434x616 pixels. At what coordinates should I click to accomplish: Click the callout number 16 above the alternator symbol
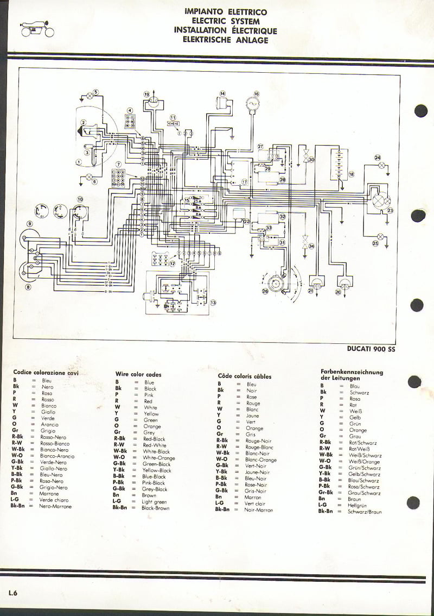point(257,93)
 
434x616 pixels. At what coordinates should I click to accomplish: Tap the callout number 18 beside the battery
point(351,174)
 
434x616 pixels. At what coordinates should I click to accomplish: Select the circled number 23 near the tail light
point(390,211)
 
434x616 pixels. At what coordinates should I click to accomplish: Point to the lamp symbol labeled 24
point(381,164)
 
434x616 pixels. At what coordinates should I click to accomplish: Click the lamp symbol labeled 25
point(381,236)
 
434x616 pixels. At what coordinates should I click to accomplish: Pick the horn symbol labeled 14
point(221,103)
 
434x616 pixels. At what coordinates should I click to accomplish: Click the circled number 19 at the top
point(146,95)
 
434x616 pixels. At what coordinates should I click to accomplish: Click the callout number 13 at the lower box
point(213,303)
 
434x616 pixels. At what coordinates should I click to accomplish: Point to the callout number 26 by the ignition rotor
point(265,292)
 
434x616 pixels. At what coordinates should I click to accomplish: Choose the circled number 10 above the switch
point(80,199)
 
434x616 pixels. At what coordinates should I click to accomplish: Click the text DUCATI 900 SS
point(372,349)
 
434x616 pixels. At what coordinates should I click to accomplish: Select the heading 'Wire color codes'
point(138,374)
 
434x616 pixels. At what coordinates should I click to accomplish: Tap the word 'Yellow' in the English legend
point(151,413)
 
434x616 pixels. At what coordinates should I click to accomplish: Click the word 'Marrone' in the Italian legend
point(49,494)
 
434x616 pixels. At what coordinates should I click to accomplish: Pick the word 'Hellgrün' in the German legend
point(358,505)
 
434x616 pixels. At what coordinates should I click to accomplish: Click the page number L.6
point(12,593)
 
